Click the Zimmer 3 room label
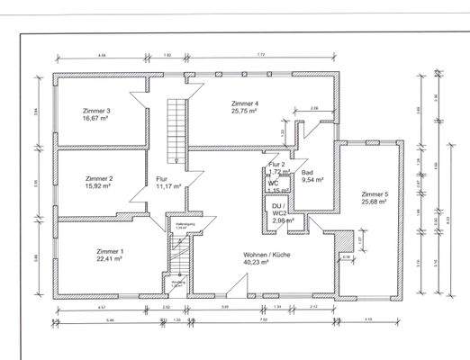tap(95, 111)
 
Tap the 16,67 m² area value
tap(95, 118)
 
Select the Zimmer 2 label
tap(98, 179)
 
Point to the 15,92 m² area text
tap(98, 186)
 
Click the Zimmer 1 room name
tap(110, 251)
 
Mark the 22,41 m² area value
tap(110, 259)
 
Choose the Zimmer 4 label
tap(245, 103)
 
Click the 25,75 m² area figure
tap(245, 112)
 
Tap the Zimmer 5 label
tap(374, 194)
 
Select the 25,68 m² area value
tap(374, 202)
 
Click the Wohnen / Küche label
tap(267, 255)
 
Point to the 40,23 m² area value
tap(267, 263)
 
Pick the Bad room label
tap(307, 172)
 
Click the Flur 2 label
tap(276, 164)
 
